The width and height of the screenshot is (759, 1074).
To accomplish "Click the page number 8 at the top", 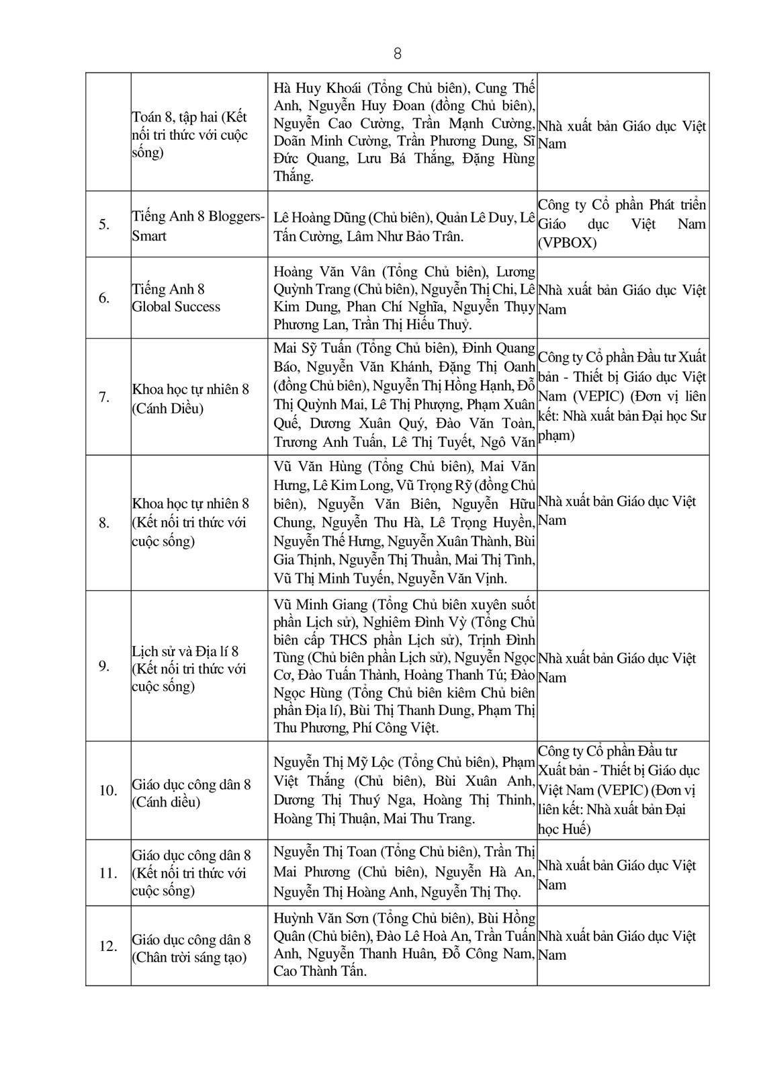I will [398, 54].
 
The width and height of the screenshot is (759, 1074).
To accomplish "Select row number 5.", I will [104, 224].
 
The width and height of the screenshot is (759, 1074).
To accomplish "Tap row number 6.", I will [104, 298].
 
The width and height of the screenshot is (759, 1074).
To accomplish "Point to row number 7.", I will [104, 397].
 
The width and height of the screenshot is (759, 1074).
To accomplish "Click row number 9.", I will [104, 666].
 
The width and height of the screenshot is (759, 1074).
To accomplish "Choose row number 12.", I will [107, 946].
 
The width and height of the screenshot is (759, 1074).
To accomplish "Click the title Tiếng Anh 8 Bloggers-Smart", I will [198, 226].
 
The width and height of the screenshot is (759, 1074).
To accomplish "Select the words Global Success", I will [176, 307].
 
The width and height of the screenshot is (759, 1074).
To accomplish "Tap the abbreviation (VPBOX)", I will [567, 243].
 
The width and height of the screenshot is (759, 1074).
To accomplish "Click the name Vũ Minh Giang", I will [320, 604].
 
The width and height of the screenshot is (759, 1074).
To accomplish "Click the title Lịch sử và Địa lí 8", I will [185, 651].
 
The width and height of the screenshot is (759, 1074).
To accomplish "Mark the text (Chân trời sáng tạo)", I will [189, 958].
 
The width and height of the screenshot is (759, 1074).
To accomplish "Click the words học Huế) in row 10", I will [564, 829].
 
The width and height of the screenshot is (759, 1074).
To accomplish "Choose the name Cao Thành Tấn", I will [320, 971].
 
